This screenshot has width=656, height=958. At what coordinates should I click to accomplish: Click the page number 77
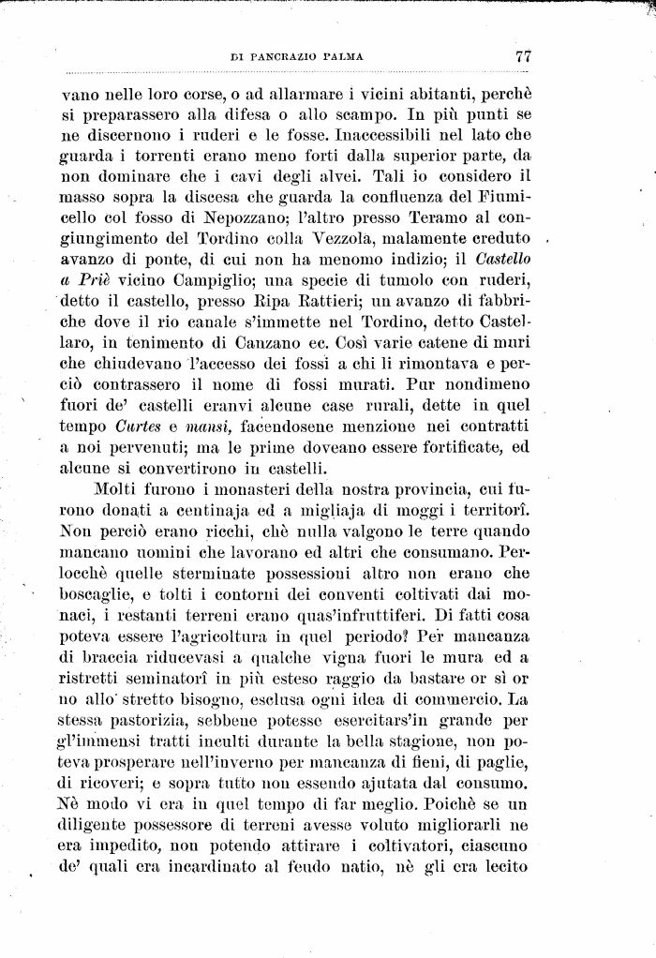click(x=523, y=57)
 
